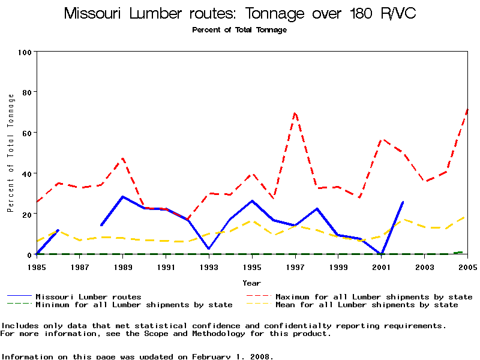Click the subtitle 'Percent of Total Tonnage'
tap(239, 29)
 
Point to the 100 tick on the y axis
tap(25, 52)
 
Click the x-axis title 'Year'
tap(251, 283)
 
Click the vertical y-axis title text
tap(10, 153)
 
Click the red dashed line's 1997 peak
tap(295, 112)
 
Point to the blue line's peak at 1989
tap(122, 197)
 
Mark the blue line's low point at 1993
tap(209, 248)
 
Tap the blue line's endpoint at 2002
tap(403, 202)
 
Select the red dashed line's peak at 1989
tap(123, 158)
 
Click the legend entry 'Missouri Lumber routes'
tap(88, 296)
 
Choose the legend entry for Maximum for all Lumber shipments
tap(373, 296)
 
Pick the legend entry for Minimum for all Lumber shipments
tap(133, 305)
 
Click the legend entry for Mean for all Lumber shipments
tap(366, 305)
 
